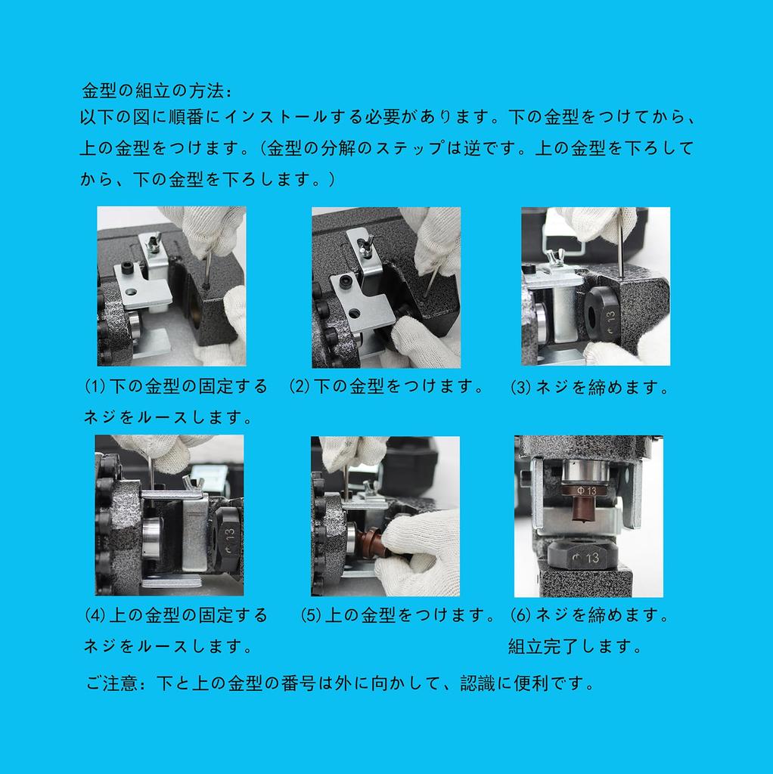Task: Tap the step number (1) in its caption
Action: click(95, 386)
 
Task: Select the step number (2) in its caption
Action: click(300, 386)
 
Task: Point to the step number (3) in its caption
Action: click(520, 387)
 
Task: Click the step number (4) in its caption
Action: click(95, 615)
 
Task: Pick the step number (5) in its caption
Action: click(311, 615)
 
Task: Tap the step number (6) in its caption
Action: click(520, 615)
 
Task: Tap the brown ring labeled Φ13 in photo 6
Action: click(585, 490)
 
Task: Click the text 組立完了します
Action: click(574, 646)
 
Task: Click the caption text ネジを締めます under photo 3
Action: click(602, 387)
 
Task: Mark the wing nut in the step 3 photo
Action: click(554, 259)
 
